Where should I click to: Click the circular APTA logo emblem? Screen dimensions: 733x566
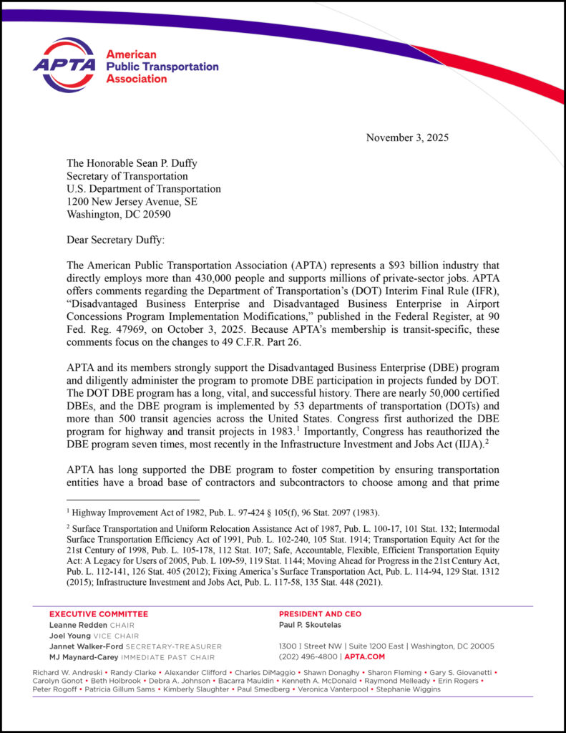tap(64, 65)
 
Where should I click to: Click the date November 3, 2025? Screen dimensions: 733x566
tap(407, 137)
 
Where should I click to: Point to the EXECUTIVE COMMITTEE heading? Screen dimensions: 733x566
tap(99, 614)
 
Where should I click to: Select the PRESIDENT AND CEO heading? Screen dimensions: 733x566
tap(320, 614)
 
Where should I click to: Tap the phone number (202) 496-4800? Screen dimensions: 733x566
tap(307, 656)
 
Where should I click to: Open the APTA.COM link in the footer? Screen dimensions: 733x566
tap(365, 656)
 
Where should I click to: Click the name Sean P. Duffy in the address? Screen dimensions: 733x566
tap(167, 163)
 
